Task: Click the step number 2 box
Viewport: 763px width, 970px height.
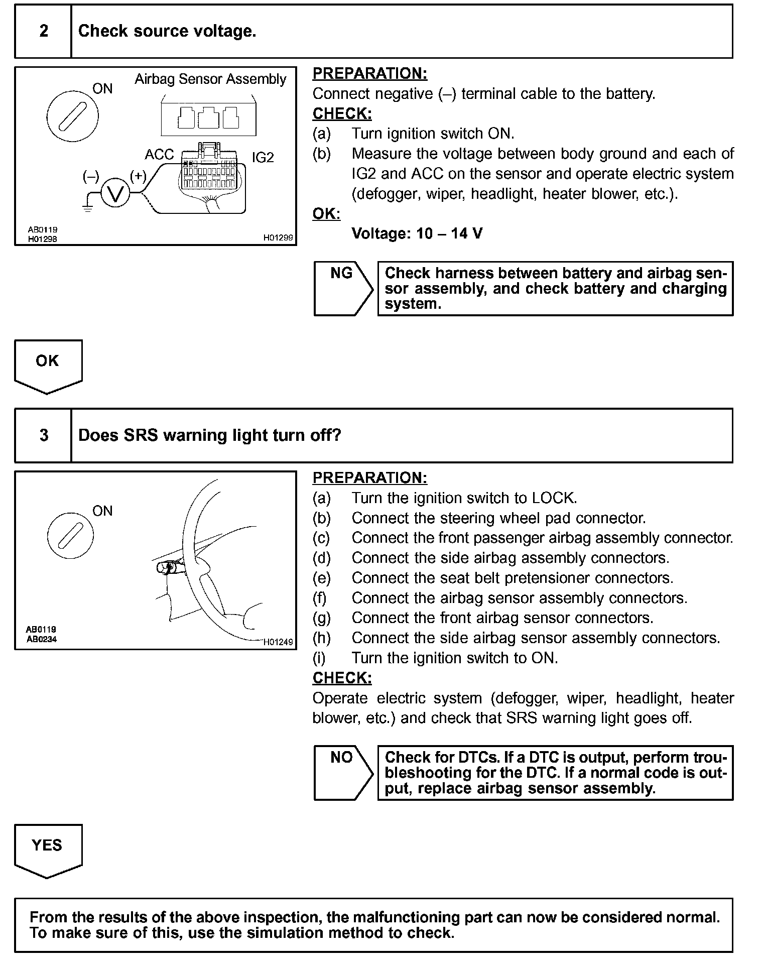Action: [x=44, y=31]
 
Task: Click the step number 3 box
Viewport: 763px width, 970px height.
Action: [x=44, y=435]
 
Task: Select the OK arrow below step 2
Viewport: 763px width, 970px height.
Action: [x=48, y=365]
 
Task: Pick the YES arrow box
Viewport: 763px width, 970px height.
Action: [x=48, y=849]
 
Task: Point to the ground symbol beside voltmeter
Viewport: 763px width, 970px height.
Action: [x=88, y=207]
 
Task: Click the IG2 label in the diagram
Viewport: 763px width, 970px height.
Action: [x=263, y=158]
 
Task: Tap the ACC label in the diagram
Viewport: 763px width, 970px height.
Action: [x=159, y=155]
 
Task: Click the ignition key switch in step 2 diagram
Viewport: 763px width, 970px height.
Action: [x=72, y=116]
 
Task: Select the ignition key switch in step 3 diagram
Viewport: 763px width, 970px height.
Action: [x=70, y=536]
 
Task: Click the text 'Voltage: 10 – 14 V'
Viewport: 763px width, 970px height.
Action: [x=417, y=233]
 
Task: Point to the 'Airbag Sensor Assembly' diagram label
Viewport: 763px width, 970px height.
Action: [x=210, y=79]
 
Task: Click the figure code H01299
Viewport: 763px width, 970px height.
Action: [x=278, y=237]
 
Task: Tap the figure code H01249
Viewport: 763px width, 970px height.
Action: [x=278, y=642]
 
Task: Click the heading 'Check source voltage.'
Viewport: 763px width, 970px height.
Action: [x=167, y=31]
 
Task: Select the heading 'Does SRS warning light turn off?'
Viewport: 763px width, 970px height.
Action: [x=210, y=435]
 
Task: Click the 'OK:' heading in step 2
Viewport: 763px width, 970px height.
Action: [x=326, y=214]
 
